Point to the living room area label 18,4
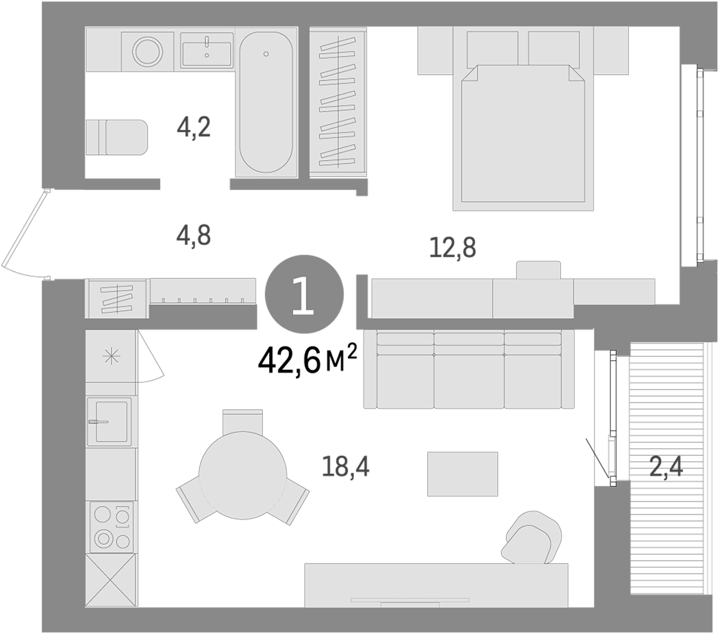click(x=346, y=467)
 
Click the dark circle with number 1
click(x=304, y=294)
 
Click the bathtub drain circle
click(x=266, y=54)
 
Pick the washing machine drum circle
click(x=148, y=51)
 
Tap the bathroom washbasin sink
click(x=207, y=53)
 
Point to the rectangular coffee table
click(x=463, y=474)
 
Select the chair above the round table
click(x=243, y=421)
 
